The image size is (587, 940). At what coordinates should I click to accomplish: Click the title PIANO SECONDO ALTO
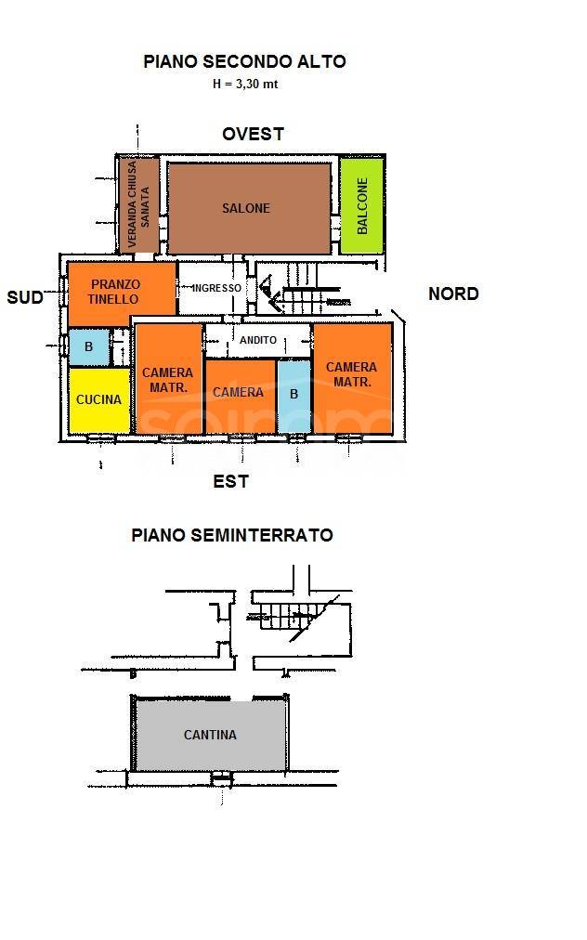coord(244,62)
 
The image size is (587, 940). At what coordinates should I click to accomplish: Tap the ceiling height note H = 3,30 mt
coord(244,84)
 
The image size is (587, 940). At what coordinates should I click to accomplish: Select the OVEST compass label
coord(253,135)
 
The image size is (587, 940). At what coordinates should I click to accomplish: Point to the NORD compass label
coord(453,294)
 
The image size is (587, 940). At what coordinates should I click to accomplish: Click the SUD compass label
coord(25,298)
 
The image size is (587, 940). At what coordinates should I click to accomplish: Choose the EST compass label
coord(231,481)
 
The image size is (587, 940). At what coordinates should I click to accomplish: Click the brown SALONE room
coord(247,208)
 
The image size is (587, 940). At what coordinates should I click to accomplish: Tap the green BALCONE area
coord(362,206)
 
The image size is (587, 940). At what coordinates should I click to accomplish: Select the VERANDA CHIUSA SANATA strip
coord(137,205)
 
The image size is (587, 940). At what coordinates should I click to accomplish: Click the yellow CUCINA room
coord(98,400)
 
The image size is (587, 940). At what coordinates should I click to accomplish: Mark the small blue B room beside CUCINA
coord(88,346)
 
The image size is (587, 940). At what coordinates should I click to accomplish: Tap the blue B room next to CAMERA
coord(293,395)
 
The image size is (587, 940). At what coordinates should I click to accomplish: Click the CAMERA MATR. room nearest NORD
coord(352,375)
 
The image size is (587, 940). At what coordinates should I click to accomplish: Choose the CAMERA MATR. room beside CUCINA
coord(168,379)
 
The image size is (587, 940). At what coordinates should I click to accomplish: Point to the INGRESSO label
coord(216,288)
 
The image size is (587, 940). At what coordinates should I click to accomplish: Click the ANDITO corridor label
coord(258,340)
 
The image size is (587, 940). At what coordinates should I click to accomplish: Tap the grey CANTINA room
coord(210,735)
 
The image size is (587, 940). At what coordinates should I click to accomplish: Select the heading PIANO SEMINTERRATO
coord(232,536)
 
